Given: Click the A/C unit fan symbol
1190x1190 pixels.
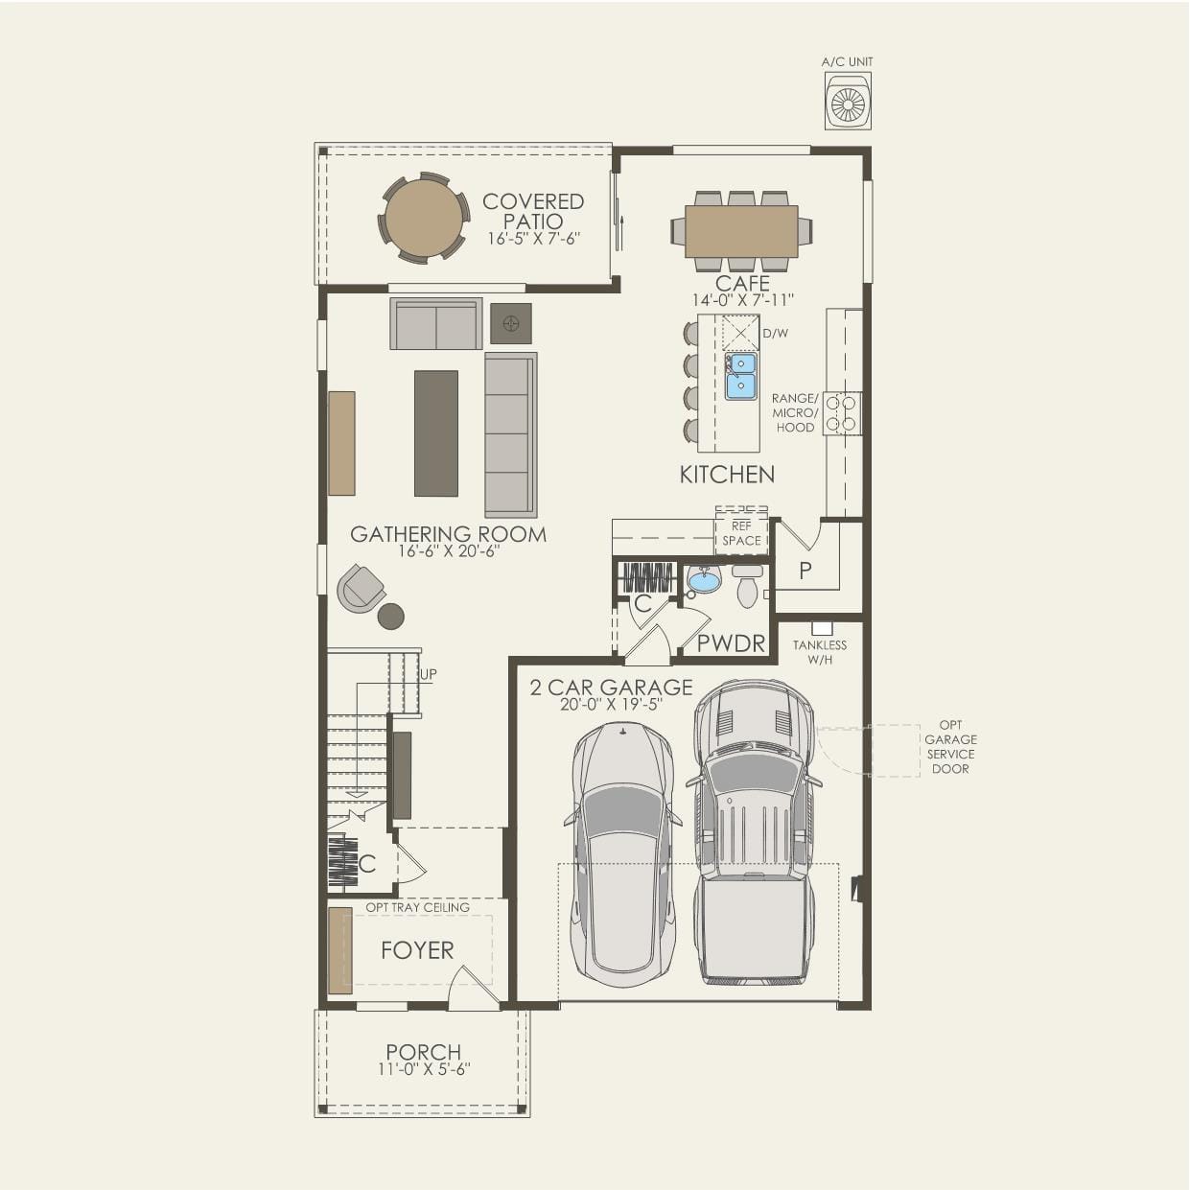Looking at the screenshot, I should pyautogui.click(x=849, y=102).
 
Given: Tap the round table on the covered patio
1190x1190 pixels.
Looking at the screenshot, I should pyautogui.click(x=423, y=218).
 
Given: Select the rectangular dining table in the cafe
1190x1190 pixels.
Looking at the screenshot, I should pyautogui.click(x=741, y=231).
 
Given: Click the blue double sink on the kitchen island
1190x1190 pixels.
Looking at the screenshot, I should pyautogui.click(x=740, y=375).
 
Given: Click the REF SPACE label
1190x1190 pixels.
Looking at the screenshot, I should pyautogui.click(x=741, y=533).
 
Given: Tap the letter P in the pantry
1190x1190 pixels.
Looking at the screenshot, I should pyautogui.click(x=805, y=571).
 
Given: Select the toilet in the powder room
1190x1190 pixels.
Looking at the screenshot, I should pyautogui.click(x=748, y=587).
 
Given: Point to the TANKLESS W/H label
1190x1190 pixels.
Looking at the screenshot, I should pyautogui.click(x=820, y=652).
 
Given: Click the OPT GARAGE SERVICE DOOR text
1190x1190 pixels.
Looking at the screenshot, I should pyautogui.click(x=950, y=747).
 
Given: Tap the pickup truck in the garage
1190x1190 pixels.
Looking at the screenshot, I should pyautogui.click(x=754, y=834).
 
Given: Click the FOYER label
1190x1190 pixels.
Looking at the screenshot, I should pyautogui.click(x=417, y=950).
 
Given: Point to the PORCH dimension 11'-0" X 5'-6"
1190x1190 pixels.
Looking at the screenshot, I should pyautogui.click(x=423, y=1069).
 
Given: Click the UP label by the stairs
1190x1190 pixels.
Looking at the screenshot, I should pyautogui.click(x=428, y=674).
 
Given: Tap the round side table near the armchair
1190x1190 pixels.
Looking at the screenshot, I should pyautogui.click(x=390, y=617).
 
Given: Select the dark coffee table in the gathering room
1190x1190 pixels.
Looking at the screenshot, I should pyautogui.click(x=435, y=432).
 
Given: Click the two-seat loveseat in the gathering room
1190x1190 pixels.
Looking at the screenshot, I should pyautogui.click(x=436, y=324).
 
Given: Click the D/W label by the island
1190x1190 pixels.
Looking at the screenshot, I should pyautogui.click(x=775, y=334).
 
